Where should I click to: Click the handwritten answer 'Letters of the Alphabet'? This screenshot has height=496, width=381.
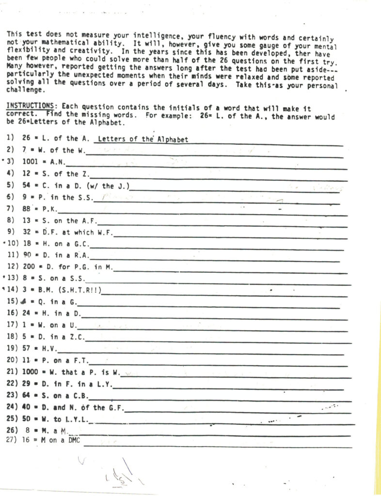pyautogui.click(x=143, y=139)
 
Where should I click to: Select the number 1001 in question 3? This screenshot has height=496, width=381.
pyautogui.click(x=31, y=162)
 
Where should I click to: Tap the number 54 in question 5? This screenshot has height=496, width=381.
pyautogui.click(x=27, y=185)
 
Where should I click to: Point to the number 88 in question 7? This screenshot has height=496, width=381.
pyautogui.click(x=27, y=209)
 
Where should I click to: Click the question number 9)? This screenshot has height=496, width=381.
pyautogui.click(x=11, y=232)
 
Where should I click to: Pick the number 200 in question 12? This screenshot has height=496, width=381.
pyautogui.click(x=29, y=266)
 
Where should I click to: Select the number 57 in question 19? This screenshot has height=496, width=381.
pyautogui.click(x=27, y=348)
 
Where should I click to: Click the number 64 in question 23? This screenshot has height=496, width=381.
pyautogui.click(x=27, y=395)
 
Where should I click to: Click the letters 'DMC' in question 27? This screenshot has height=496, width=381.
pyautogui.click(x=74, y=440)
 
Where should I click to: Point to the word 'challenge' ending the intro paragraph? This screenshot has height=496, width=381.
pyautogui.click(x=23, y=91)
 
